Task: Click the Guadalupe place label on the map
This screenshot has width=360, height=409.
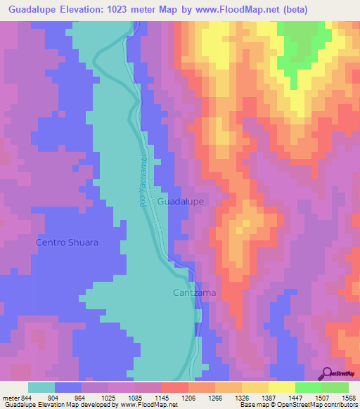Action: (181, 201)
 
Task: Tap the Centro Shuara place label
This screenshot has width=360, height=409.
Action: (67, 242)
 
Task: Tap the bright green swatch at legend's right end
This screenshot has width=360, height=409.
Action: (335, 387)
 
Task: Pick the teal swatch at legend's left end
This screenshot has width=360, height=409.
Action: (41, 387)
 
